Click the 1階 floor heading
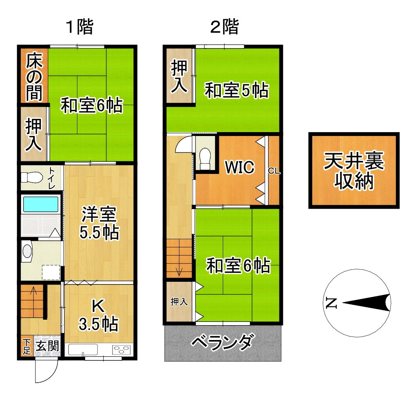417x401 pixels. [x=79, y=27]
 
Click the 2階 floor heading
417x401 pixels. [x=225, y=27]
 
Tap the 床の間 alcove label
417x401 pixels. [x=34, y=77]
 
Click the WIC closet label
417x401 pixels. [x=240, y=167]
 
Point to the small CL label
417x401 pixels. [x=274, y=171]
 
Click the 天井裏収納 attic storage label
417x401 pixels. [x=354, y=171]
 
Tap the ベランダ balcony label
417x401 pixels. [x=223, y=342]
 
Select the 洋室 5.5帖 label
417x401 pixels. [x=99, y=224]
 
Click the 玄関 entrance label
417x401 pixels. [x=48, y=346]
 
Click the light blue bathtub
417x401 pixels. [x=41, y=204]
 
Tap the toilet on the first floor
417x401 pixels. [x=32, y=177]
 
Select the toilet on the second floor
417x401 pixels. [x=205, y=159]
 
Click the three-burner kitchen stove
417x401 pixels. [x=121, y=350]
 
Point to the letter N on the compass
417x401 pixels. [x=331, y=303]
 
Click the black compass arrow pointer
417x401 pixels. [x=367, y=303]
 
